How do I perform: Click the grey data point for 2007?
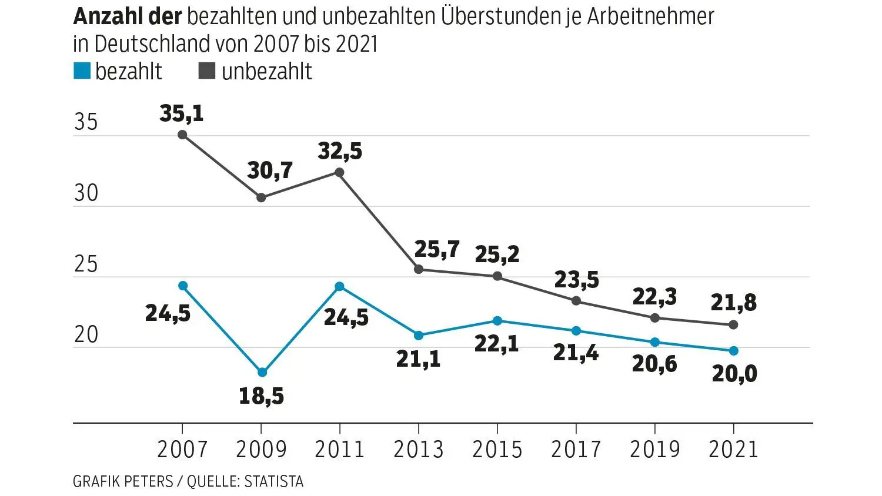182,135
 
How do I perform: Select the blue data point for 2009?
262,372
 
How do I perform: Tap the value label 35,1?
181,113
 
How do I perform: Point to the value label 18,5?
261,396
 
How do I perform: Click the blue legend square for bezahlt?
82,71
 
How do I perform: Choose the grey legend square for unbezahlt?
207,71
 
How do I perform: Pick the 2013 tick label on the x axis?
418,450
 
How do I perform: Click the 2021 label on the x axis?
733,450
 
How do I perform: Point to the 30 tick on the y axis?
86,193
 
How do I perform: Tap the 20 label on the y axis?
86,335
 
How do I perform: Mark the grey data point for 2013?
419,269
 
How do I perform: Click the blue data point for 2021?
733,351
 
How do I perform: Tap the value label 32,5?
340,151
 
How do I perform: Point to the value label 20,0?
734,374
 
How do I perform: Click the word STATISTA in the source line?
274,482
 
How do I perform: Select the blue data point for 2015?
497,320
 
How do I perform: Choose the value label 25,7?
437,249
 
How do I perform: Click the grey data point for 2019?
655,318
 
